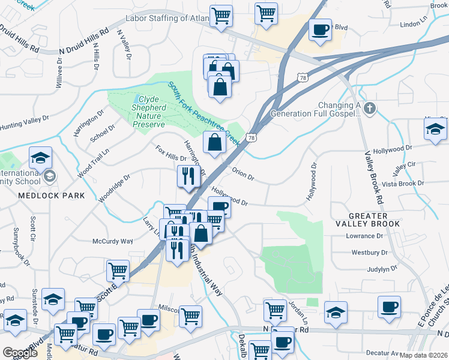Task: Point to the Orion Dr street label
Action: point(243,174)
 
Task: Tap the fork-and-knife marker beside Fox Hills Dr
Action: point(188,176)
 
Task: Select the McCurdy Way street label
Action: point(112,241)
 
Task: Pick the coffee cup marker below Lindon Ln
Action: point(320,29)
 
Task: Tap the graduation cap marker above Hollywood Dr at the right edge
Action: point(435,129)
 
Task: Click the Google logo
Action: point(20,353)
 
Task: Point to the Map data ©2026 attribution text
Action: point(424,355)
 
